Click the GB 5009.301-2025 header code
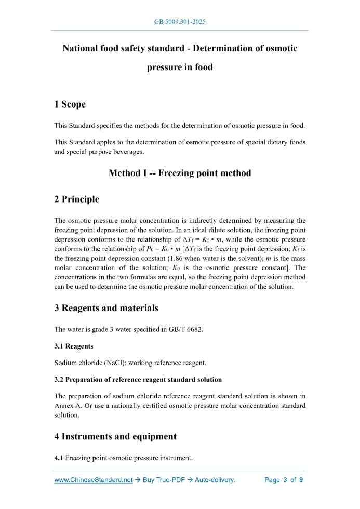(180, 22)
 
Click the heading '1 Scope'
(70, 104)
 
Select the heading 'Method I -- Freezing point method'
(180, 173)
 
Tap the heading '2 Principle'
(76, 199)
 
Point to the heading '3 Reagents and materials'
(106, 308)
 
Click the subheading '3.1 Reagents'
(74, 346)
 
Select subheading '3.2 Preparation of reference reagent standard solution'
(138, 379)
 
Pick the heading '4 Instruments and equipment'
(115, 436)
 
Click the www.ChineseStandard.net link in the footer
(94, 480)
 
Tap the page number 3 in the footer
(285, 480)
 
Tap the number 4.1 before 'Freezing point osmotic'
(59, 458)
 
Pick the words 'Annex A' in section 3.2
(68, 406)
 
